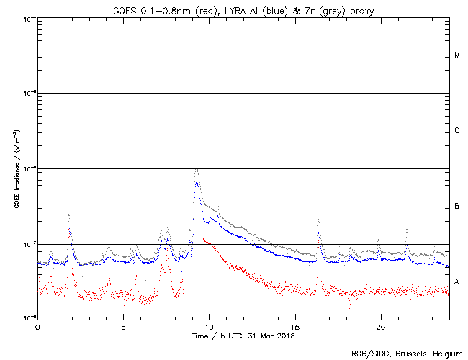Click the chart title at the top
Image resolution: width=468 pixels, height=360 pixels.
(x=243, y=9)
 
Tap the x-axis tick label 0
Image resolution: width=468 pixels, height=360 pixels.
(x=37, y=327)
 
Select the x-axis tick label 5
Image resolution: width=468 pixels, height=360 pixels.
(x=123, y=327)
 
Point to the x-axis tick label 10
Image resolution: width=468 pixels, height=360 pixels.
(x=209, y=327)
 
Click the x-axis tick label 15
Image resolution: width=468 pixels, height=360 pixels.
(x=295, y=327)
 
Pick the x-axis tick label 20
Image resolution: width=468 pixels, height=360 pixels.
(x=381, y=327)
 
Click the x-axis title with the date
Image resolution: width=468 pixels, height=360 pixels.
(x=243, y=336)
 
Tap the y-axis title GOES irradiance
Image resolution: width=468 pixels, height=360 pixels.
(x=16, y=168)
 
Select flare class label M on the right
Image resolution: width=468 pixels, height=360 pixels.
(x=457, y=55)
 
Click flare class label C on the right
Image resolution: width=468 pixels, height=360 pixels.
(x=457, y=131)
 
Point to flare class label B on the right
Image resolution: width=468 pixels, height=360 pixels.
(x=457, y=207)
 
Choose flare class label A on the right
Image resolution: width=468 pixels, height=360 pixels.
(x=457, y=282)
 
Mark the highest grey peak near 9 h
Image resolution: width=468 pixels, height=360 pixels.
(x=197, y=168)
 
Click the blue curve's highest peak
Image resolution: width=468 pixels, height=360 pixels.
(x=197, y=183)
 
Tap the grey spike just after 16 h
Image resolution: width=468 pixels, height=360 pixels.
(x=318, y=220)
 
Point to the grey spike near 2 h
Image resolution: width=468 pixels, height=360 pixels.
(x=68, y=215)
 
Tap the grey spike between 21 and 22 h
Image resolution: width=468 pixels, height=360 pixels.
(x=407, y=230)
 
